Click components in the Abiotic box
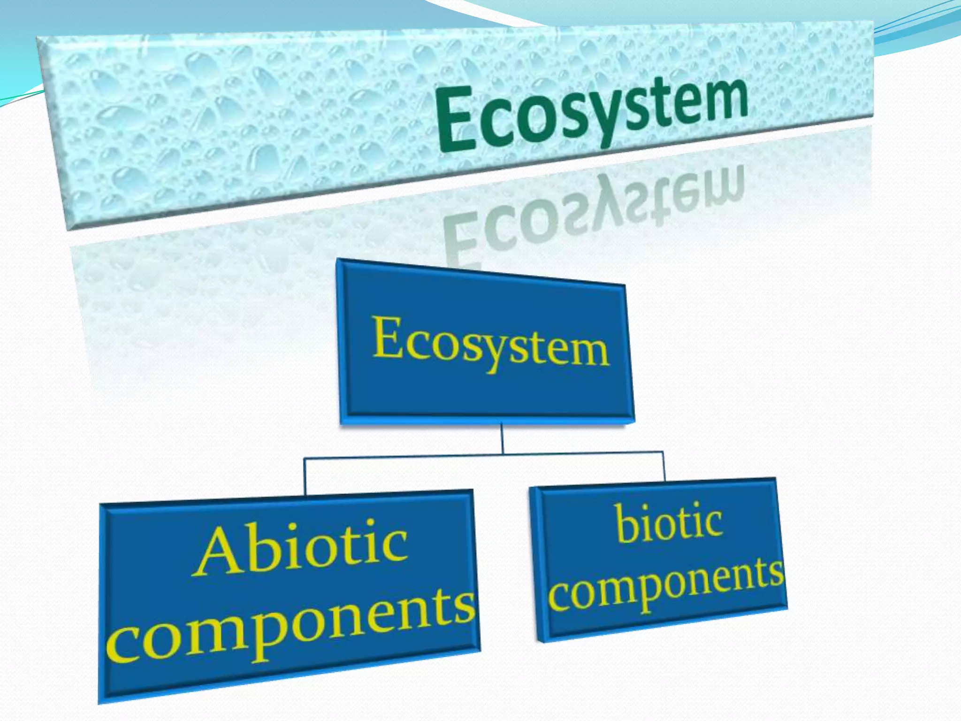point(291,624)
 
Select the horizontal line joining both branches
point(483,454)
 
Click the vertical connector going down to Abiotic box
point(305,476)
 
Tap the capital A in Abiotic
point(218,554)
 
